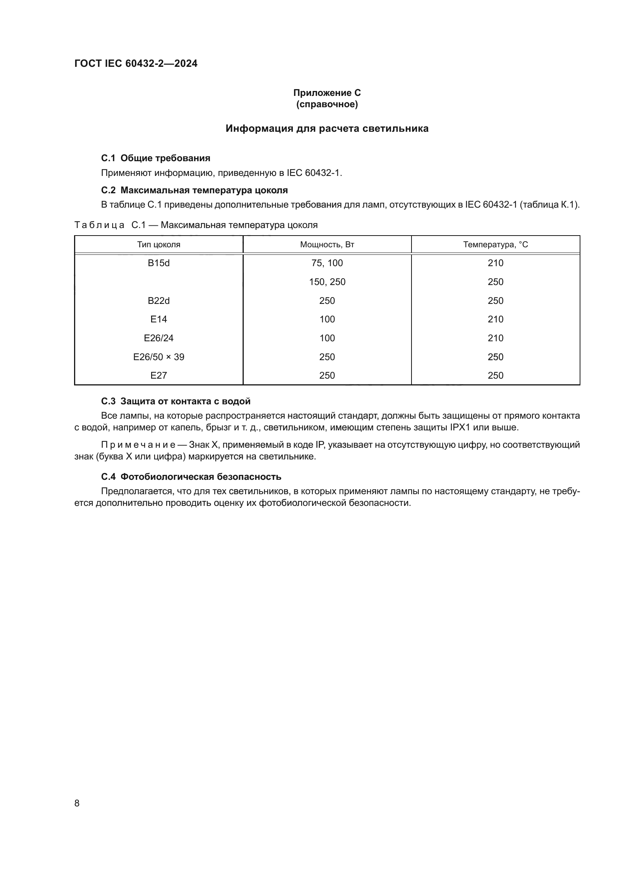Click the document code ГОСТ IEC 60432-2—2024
(136, 63)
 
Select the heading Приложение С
(327, 93)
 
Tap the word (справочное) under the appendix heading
(327, 104)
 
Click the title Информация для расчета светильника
(327, 128)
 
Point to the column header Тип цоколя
(159, 245)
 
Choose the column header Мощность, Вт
(327, 245)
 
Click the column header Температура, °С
(495, 245)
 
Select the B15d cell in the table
(159, 263)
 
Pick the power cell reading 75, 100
(327, 263)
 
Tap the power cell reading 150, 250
(327, 282)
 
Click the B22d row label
(159, 301)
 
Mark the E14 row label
(159, 319)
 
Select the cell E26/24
(159, 338)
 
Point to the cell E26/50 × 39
(159, 357)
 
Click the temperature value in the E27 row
(495, 375)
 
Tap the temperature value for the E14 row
(495, 319)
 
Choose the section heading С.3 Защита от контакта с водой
(175, 401)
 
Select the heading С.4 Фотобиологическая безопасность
(191, 476)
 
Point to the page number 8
(77, 803)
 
